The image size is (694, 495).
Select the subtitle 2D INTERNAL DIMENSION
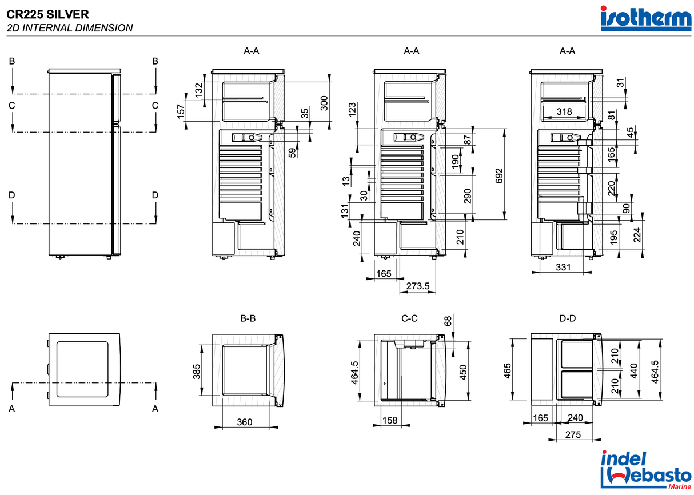point(70,27)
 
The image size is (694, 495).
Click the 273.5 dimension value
point(417,286)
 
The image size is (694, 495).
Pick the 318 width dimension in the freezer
point(564,112)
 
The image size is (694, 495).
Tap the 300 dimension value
point(324,103)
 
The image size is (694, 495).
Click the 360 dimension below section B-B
point(244,422)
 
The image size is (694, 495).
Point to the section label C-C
point(409,318)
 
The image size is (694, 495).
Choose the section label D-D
point(567,318)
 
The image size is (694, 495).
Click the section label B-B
point(248,318)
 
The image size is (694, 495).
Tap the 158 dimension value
point(390,421)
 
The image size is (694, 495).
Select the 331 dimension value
point(563,266)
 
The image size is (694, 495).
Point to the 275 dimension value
point(572,435)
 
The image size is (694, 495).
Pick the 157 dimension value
point(182,112)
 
